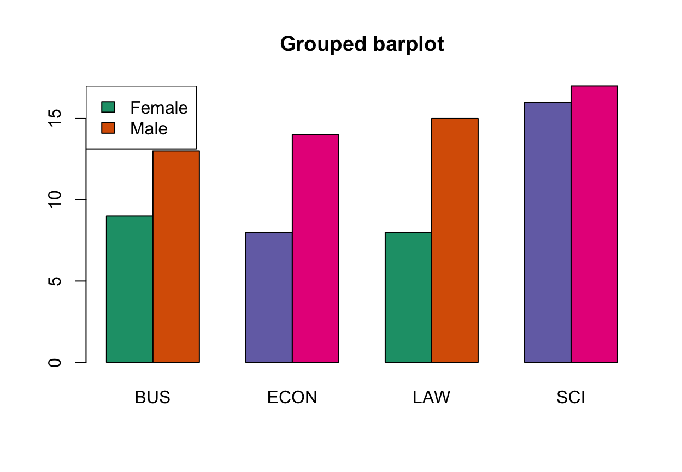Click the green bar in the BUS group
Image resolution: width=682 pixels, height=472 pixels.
130,289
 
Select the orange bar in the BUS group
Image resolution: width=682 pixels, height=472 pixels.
176,256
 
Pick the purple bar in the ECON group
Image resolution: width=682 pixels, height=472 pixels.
269,297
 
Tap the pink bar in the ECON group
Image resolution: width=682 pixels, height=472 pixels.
315,248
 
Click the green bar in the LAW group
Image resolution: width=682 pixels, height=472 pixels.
408,297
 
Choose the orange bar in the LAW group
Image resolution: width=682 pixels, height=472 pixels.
455,240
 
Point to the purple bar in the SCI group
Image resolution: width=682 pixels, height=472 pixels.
548,232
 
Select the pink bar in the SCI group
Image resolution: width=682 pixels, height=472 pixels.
594,223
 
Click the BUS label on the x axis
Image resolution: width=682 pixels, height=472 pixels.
153,398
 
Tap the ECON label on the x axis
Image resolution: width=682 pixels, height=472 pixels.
292,398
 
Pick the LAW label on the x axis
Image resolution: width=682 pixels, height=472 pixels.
432,398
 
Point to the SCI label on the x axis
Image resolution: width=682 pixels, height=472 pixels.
571,398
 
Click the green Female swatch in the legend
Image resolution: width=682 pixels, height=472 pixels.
108,107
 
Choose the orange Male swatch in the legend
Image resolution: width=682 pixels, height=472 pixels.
108,128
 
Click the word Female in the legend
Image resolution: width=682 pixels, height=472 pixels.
159,108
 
